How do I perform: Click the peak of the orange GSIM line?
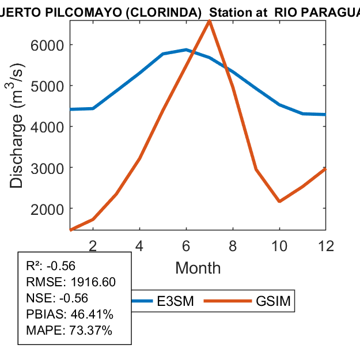(x=209, y=21)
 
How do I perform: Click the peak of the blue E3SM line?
(x=186, y=50)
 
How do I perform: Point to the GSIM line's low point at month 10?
(x=279, y=201)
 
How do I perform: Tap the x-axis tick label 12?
(x=325, y=245)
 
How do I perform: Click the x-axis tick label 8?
(x=233, y=245)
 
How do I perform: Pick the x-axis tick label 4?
(x=139, y=245)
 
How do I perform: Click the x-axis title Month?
(x=198, y=268)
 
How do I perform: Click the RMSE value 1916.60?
(x=93, y=282)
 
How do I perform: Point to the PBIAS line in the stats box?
(x=70, y=314)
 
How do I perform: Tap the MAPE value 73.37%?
(x=92, y=331)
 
